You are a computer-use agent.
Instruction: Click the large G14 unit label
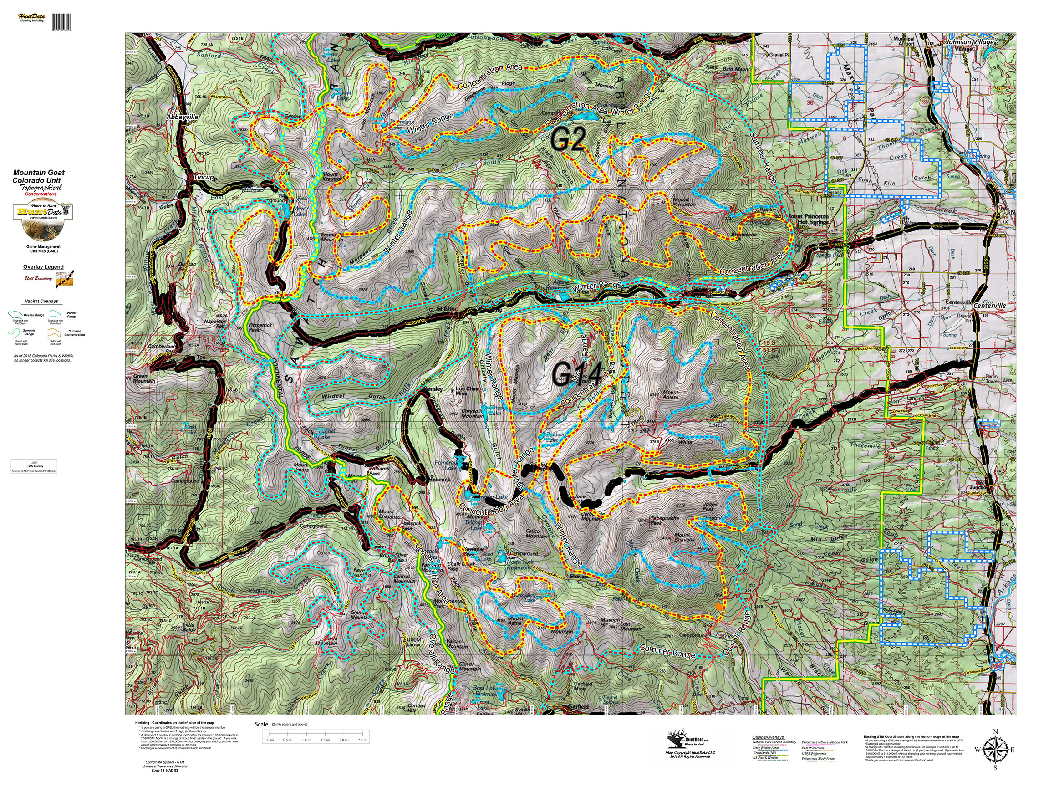point(577,375)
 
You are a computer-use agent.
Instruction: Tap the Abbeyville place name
point(182,117)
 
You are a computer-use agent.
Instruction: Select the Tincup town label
point(204,178)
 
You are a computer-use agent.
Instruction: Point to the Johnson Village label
point(969,42)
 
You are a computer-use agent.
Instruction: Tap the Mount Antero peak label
point(671,395)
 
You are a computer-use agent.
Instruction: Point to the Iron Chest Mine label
point(468,390)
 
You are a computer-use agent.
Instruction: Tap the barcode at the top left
point(61,22)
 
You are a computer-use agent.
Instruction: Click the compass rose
point(995,750)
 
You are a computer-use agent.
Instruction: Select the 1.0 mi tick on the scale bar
point(306,740)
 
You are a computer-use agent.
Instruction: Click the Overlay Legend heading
point(43,267)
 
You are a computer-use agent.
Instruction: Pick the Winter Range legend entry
point(71,315)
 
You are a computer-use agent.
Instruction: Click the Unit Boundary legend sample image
point(65,278)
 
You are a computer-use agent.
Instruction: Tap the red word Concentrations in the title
point(41,194)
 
